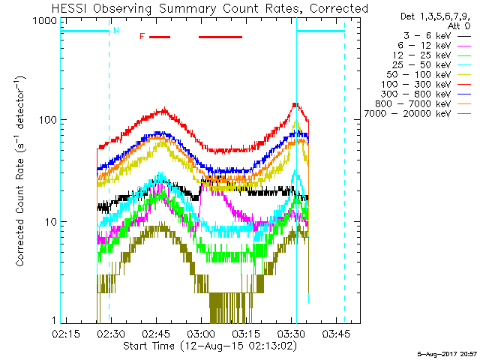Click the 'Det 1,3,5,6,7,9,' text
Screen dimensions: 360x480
(434, 16)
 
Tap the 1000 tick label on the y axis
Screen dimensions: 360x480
(43, 22)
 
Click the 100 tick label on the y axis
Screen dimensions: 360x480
(46, 120)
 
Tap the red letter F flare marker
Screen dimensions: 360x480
(142, 36)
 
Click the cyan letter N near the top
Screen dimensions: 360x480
(115, 31)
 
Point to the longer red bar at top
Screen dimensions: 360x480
(220, 36)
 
